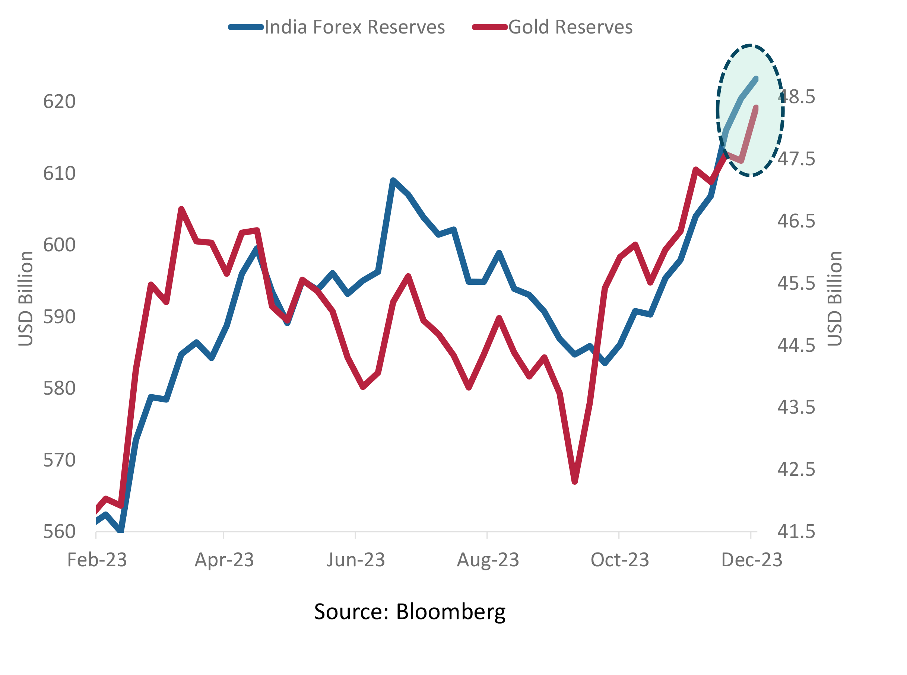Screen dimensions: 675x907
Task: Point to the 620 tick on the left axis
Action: click(59, 101)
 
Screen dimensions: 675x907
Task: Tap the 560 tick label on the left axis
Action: click(59, 532)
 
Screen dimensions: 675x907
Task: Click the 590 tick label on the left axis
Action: click(59, 317)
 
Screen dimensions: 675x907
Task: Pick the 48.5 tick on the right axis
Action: click(796, 97)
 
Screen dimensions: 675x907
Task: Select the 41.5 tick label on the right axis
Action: click(796, 532)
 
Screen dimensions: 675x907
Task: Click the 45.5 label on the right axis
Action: click(796, 283)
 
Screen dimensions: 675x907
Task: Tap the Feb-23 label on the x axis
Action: click(97, 560)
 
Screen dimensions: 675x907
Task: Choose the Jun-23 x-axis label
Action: click(356, 560)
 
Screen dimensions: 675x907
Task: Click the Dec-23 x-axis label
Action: click(751, 560)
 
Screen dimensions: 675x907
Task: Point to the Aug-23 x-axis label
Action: click(488, 560)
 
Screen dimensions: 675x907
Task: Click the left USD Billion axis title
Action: click(25, 299)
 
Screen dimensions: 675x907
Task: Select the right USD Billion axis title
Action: click(834, 299)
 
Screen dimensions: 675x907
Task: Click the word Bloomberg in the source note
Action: click(450, 612)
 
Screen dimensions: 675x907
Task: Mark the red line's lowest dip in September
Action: click(575, 481)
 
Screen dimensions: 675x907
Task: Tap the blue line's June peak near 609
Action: click(393, 180)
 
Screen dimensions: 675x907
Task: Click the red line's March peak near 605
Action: click(181, 210)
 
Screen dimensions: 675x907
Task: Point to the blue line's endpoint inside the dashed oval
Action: click(756, 79)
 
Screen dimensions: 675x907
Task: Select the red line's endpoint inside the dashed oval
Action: click(756, 108)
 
